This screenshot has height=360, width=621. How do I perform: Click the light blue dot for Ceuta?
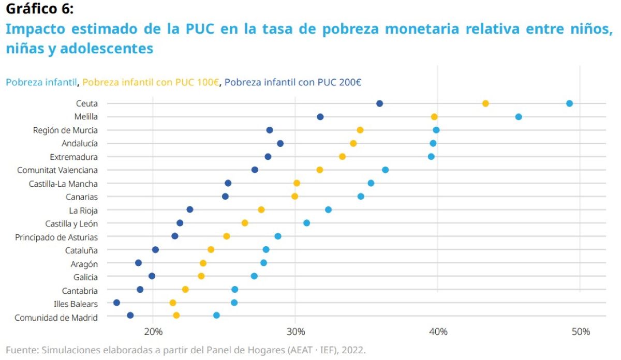click(x=569, y=103)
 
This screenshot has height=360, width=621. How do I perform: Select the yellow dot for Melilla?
click(x=434, y=117)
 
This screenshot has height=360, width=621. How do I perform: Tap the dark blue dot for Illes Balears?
click(x=116, y=303)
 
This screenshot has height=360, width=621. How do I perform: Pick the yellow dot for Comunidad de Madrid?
click(x=176, y=316)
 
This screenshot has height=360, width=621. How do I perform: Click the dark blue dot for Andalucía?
click(x=280, y=143)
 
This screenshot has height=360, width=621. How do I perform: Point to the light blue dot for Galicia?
click(x=254, y=276)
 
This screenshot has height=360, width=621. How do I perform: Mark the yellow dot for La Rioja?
click(x=261, y=209)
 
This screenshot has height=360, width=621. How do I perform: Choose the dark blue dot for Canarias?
click(x=225, y=197)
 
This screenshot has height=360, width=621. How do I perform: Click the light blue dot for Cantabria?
click(x=235, y=289)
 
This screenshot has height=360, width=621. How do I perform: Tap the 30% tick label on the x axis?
click(x=295, y=332)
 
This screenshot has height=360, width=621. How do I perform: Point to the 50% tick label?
click(x=580, y=332)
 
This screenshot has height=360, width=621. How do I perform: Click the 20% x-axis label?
click(x=153, y=332)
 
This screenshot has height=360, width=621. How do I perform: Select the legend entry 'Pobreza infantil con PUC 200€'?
click(x=293, y=82)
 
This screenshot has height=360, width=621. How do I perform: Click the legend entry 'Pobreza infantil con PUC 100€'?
click(x=151, y=82)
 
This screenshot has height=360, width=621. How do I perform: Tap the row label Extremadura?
click(x=73, y=157)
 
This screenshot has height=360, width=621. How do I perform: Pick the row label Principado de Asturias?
click(x=56, y=237)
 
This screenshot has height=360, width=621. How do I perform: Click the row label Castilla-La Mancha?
click(x=63, y=183)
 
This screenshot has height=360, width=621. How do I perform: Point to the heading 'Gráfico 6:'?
click(x=40, y=9)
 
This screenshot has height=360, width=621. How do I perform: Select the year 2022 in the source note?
click(x=354, y=350)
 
